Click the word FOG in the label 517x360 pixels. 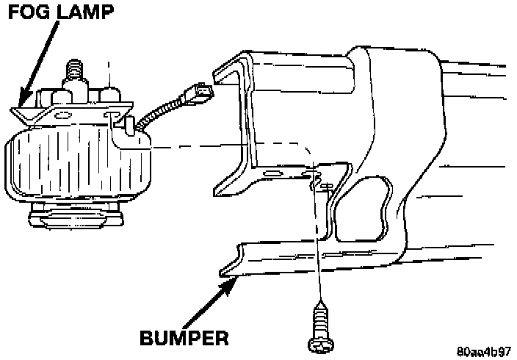click(x=26, y=14)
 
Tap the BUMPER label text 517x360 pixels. click(x=183, y=339)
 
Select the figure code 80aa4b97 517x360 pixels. click(x=482, y=350)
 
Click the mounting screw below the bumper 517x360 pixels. click(x=321, y=323)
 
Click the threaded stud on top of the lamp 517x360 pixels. click(x=75, y=73)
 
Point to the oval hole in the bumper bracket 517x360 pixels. click(x=270, y=174)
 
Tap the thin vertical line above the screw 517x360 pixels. click(x=318, y=242)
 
